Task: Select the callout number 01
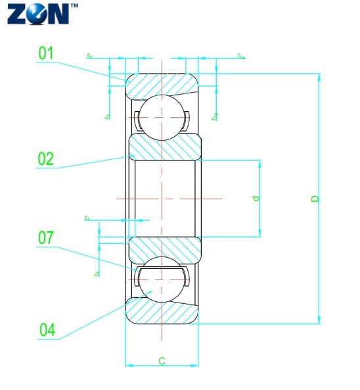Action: click(x=46, y=53)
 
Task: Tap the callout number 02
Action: click(x=46, y=158)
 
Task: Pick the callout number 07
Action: click(x=46, y=237)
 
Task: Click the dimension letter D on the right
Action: click(x=315, y=198)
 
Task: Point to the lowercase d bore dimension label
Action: click(x=257, y=197)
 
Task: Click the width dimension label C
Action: click(x=162, y=360)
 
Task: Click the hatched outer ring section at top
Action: click(x=162, y=84)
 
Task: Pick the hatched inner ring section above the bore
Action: click(x=164, y=146)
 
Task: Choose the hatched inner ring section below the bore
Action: click(x=164, y=249)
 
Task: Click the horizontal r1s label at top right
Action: click(x=241, y=56)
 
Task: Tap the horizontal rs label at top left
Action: click(x=89, y=56)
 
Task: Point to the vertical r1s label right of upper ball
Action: click(x=214, y=116)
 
